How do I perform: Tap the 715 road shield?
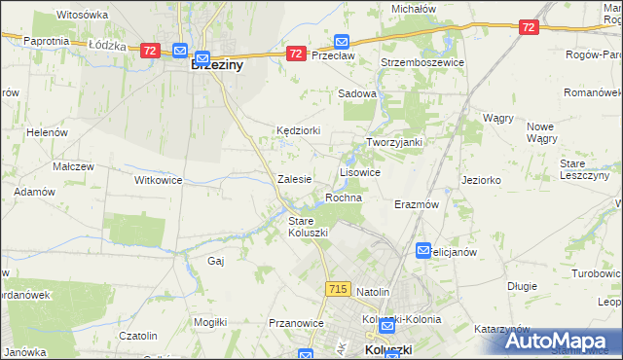pos(338,289)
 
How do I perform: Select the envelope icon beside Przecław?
pos(342,42)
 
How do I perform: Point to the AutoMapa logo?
pos(559,342)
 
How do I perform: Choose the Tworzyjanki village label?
pos(393,142)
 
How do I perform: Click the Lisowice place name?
pos(359,171)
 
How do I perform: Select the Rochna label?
pos(344,198)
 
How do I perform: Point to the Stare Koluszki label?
pos(308,227)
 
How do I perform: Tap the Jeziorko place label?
pos(481,180)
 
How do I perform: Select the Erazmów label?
pos(417,205)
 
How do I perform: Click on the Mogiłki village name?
pos(210,322)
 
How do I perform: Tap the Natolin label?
pos(373,292)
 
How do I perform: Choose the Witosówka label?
pos(83,16)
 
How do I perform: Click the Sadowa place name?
pos(356,93)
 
